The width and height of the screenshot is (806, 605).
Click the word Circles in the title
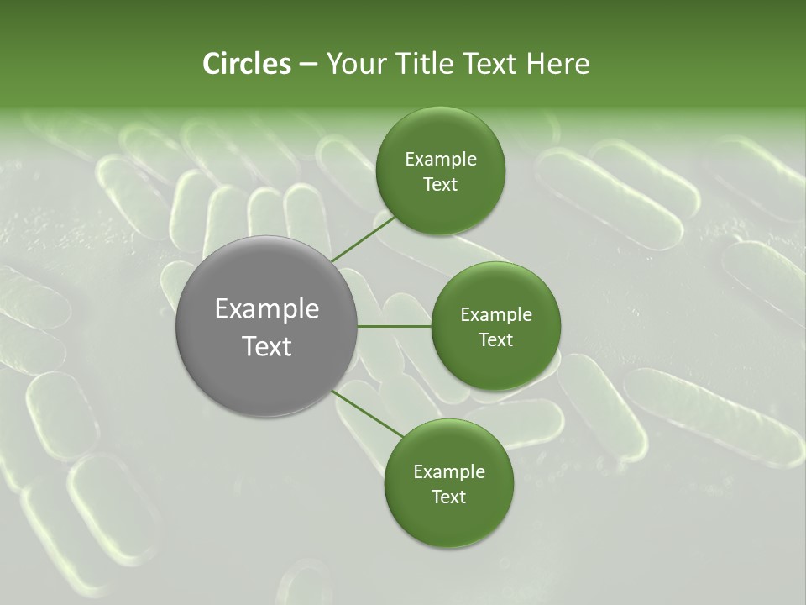pos(246,64)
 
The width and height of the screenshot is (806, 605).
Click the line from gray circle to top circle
pos(363,238)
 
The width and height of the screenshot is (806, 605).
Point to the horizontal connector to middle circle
pos(394,326)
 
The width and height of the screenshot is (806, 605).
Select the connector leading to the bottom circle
pos(366,413)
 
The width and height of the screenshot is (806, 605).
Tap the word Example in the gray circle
pos(267,309)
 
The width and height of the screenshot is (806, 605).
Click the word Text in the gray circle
pos(267,345)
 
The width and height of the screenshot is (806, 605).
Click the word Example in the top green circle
pos(440,159)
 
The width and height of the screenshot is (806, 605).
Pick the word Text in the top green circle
pos(440,184)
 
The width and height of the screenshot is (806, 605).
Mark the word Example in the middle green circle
pos(495,314)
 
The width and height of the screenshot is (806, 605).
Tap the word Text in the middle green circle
pos(495,339)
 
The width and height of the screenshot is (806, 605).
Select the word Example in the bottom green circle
pos(448,471)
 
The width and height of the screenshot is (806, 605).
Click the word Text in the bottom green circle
pos(448,497)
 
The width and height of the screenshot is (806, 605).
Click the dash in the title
pos(308,65)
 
